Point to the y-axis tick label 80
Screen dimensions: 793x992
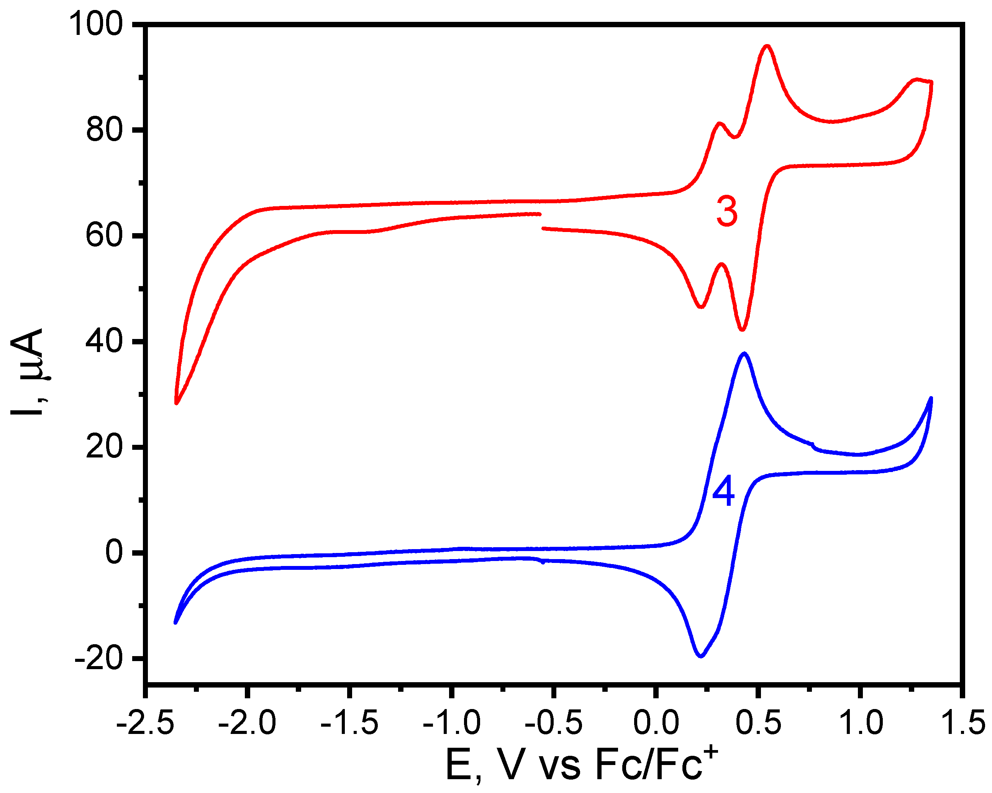click(105, 130)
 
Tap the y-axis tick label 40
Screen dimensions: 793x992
click(105, 341)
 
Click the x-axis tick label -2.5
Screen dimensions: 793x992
click(145, 722)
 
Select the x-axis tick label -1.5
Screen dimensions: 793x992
click(350, 722)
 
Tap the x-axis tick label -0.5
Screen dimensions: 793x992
click(554, 722)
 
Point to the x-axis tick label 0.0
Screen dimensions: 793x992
click(656, 722)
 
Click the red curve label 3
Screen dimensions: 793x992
click(726, 212)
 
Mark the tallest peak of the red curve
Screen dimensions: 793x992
click(767, 46)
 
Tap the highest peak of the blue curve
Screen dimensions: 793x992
click(744, 353)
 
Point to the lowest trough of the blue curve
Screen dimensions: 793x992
click(700, 656)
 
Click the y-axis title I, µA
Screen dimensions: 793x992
click(27, 372)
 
